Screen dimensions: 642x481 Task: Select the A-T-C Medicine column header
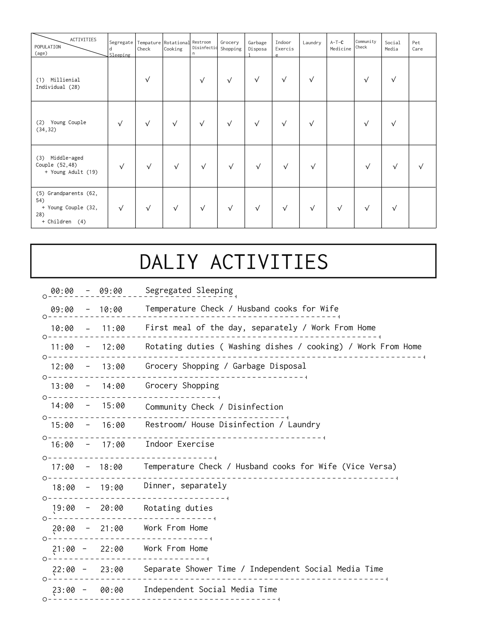click(x=340, y=46)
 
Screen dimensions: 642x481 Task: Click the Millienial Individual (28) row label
click(x=58, y=83)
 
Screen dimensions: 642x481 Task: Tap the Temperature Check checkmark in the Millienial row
click(x=148, y=79)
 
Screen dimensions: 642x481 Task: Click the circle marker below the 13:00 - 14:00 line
click(x=45, y=397)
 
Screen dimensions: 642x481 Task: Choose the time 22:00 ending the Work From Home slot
click(x=112, y=549)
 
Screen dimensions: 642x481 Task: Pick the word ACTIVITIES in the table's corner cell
click(x=83, y=39)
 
